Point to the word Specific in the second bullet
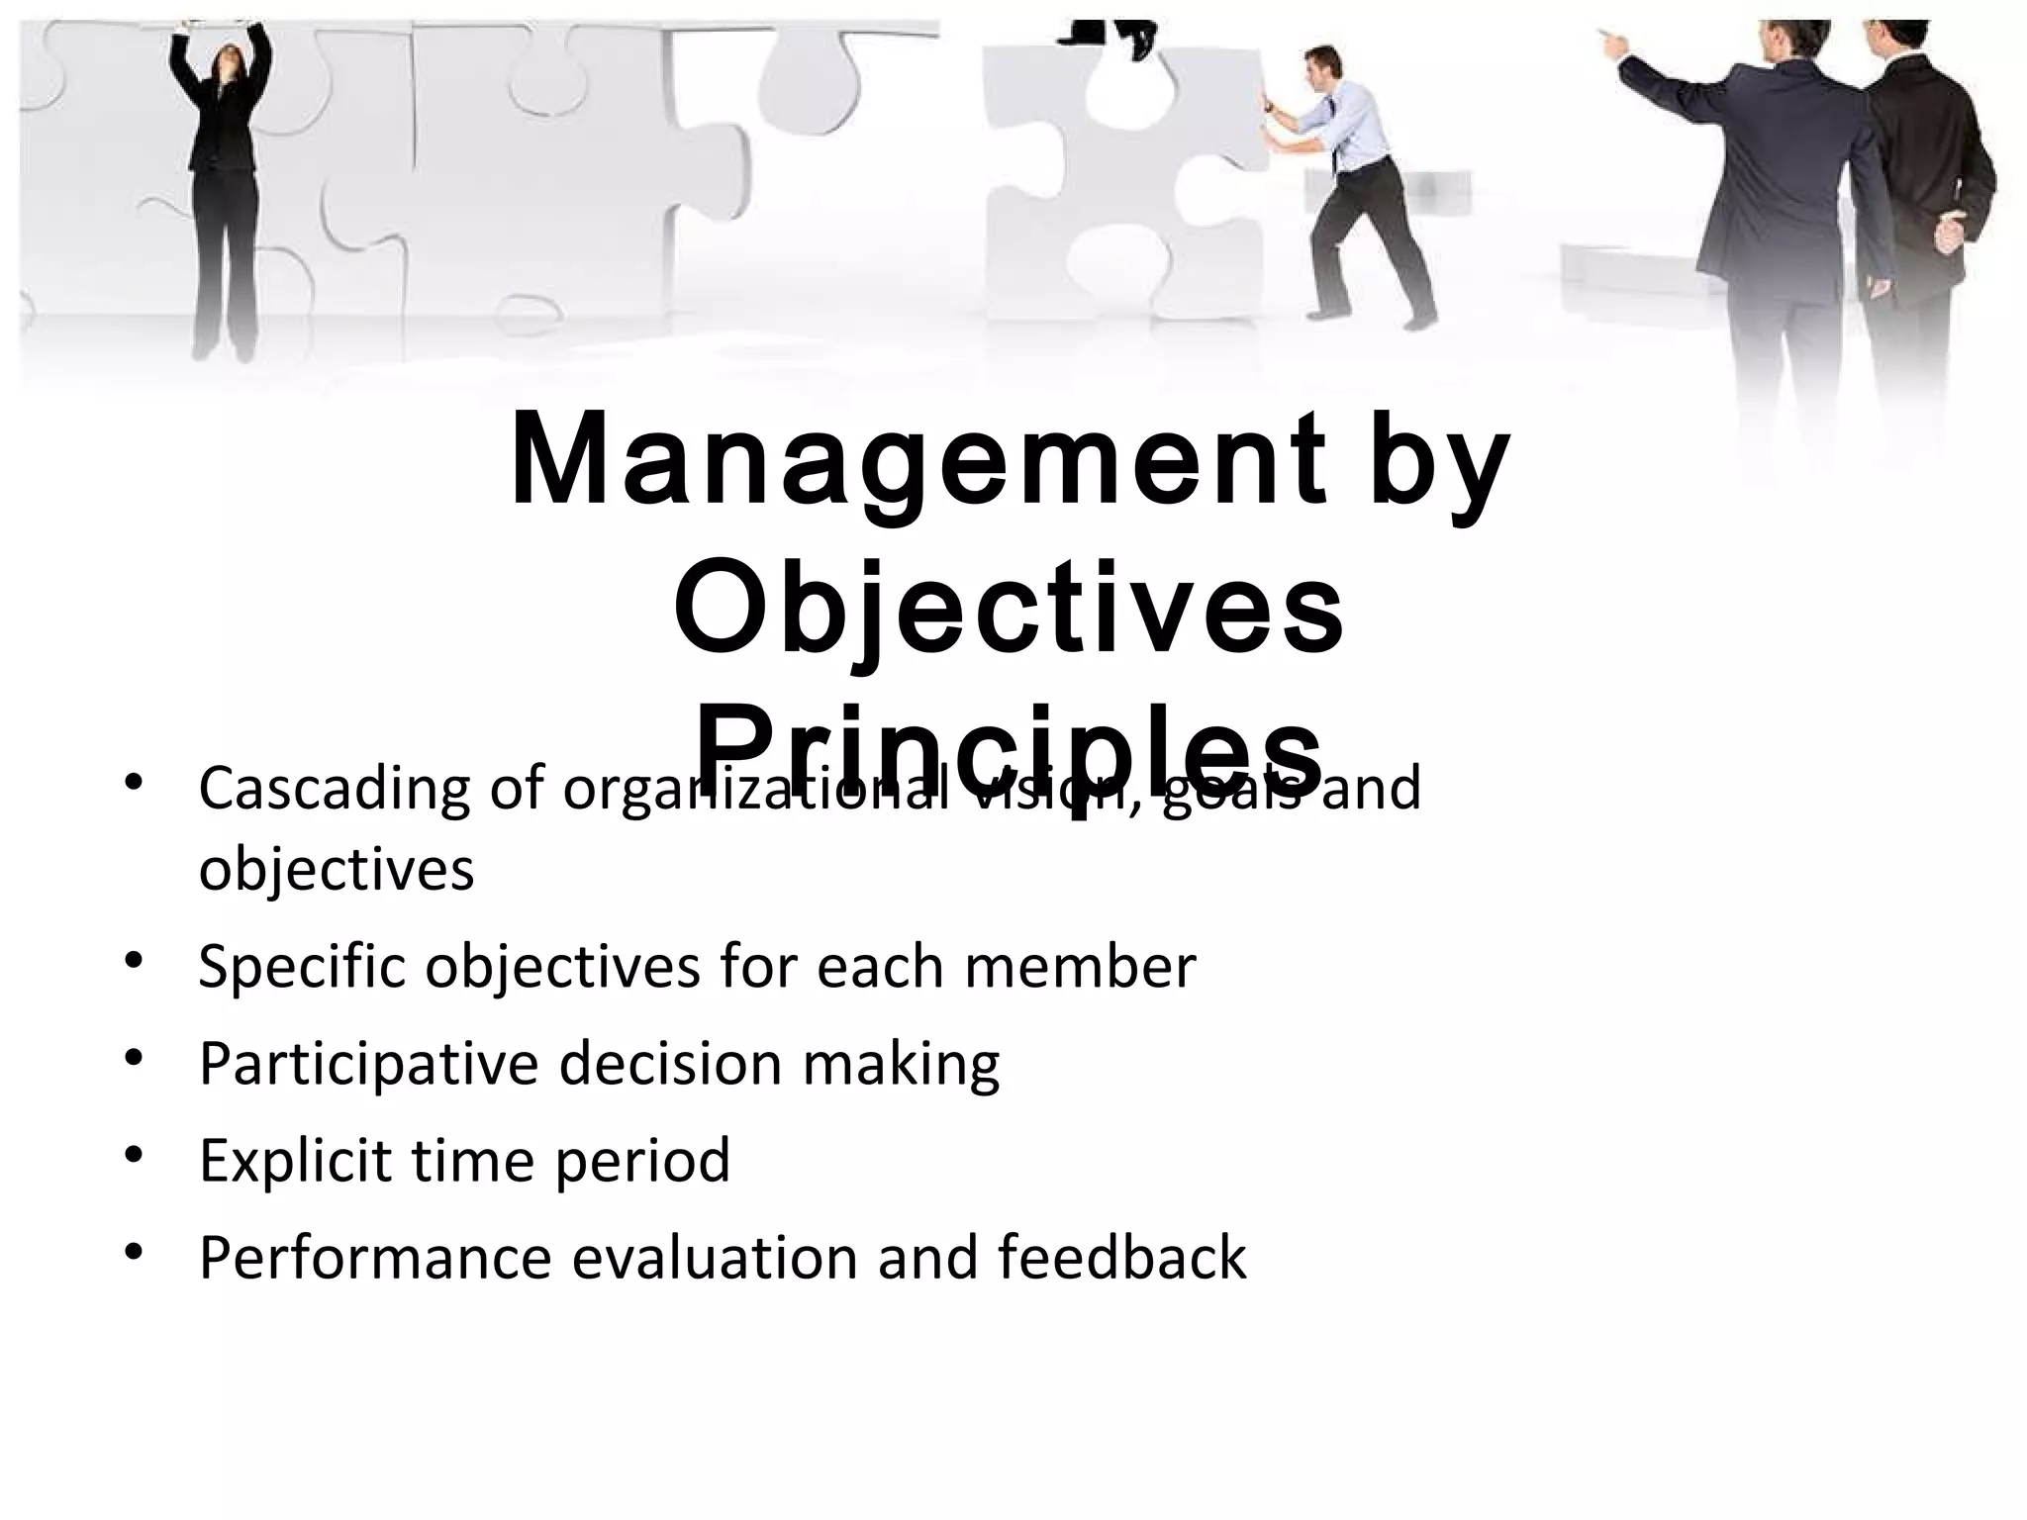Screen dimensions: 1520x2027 coord(302,968)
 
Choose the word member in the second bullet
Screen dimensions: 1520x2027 coord(1080,967)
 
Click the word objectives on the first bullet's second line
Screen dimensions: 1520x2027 coord(337,871)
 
